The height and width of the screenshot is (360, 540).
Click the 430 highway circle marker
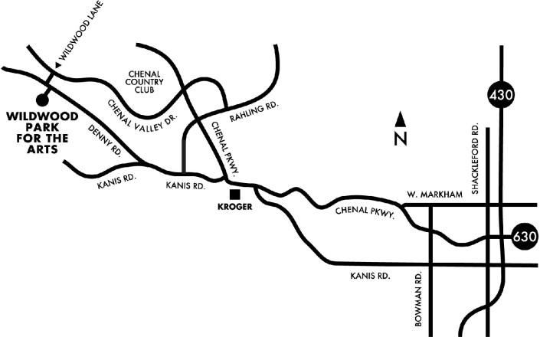(x=502, y=96)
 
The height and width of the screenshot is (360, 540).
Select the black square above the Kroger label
(x=234, y=195)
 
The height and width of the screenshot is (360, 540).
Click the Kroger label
(x=234, y=207)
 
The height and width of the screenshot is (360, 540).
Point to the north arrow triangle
(x=400, y=119)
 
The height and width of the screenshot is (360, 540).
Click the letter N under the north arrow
(x=400, y=139)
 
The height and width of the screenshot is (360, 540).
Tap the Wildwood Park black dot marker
(x=41, y=99)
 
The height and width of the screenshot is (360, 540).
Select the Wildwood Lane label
(x=82, y=35)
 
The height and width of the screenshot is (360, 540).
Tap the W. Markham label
(x=435, y=195)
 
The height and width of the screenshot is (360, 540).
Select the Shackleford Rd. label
(x=476, y=159)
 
